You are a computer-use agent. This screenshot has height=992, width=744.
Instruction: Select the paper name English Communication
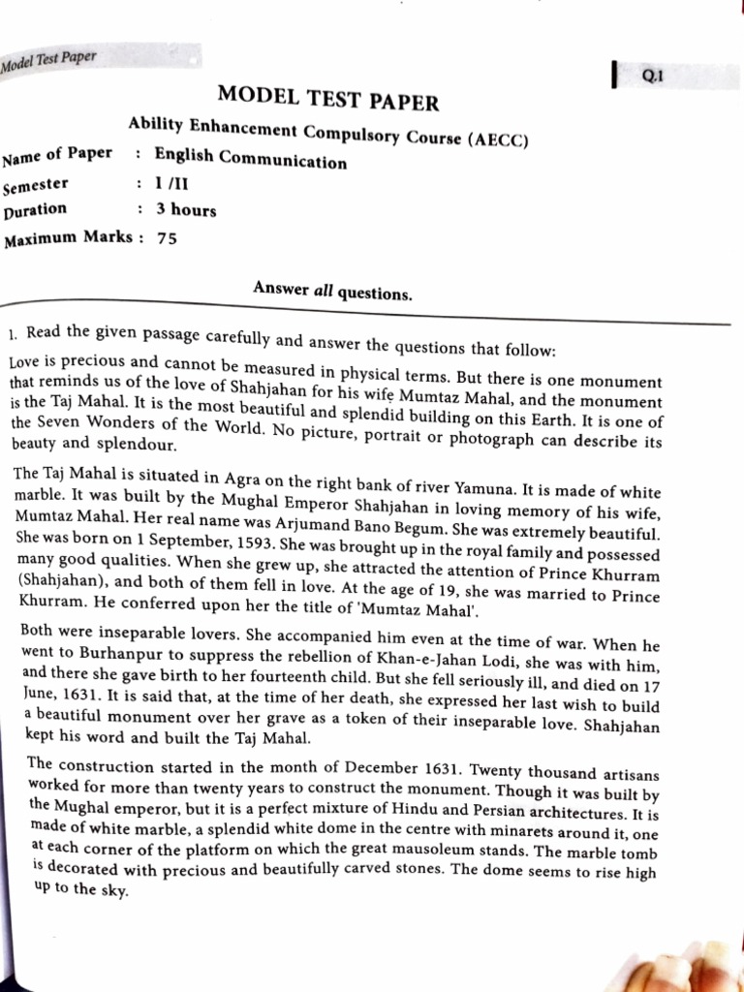point(250,159)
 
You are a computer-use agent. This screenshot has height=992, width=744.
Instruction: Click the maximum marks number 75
point(167,238)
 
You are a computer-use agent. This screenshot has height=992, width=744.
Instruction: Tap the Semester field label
point(36,185)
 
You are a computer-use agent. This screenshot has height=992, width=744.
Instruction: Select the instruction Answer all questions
point(332,290)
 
